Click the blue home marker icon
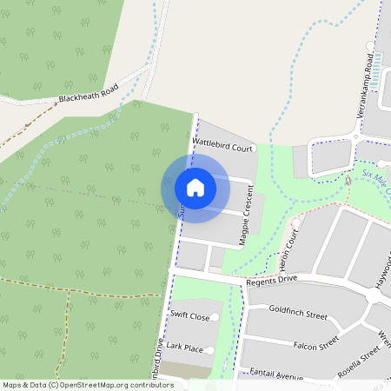(x=195, y=188)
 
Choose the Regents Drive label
(x=272, y=280)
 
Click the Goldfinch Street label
(x=298, y=309)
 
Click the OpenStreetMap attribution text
(x=87, y=384)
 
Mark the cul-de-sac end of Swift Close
(x=215, y=318)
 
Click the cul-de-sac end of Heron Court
(x=297, y=222)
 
